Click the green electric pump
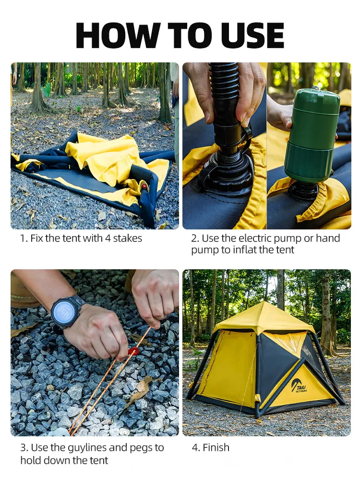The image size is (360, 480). [312, 134]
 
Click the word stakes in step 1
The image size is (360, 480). [128, 238]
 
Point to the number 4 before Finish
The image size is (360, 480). [195, 448]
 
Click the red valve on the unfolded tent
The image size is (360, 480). [144, 186]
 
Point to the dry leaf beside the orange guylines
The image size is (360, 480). [140, 389]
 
